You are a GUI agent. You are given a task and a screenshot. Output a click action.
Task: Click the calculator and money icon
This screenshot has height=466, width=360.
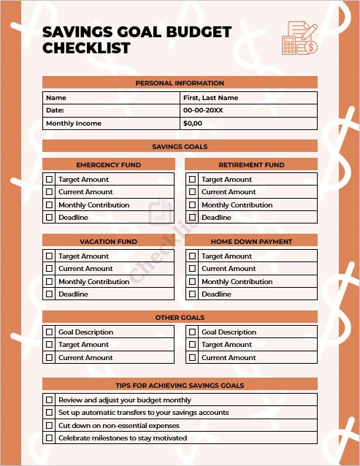tap(300, 37)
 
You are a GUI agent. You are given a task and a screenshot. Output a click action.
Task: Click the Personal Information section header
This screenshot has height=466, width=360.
tap(180, 83)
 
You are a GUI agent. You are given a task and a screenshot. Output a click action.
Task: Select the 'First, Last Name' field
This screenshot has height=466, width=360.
tap(210, 98)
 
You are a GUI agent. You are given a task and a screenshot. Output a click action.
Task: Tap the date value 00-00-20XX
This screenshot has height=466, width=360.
tap(203, 110)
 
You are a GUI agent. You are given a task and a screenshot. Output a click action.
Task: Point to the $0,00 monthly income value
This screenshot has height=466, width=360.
tap(193, 123)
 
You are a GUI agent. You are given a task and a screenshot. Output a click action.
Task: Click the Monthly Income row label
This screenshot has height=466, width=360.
tap(74, 123)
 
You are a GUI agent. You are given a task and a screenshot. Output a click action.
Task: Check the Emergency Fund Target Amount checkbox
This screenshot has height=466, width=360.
tap(50, 179)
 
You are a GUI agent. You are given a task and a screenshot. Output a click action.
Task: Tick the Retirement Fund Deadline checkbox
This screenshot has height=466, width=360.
tap(192, 218)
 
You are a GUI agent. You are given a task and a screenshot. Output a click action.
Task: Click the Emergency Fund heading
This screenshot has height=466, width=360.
tap(109, 165)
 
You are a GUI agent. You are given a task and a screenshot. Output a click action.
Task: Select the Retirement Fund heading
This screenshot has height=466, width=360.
tap(251, 165)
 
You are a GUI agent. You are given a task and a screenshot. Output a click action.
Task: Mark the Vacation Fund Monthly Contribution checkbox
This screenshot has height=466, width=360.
tap(50, 281)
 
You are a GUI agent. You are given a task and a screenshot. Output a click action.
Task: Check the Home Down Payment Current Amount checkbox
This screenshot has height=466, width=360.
tap(192, 269)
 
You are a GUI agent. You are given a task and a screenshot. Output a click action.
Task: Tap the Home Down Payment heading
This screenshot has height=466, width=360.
tap(251, 241)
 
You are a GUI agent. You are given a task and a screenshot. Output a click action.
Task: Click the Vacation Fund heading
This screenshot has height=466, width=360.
tap(108, 241)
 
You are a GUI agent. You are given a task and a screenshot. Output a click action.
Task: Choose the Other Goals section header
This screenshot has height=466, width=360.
tap(180, 318)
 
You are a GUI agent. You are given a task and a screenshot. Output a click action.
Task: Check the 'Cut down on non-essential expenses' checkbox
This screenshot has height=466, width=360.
tap(50, 425)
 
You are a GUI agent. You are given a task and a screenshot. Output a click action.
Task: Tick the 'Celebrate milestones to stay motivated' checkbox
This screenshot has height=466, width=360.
tap(50, 438)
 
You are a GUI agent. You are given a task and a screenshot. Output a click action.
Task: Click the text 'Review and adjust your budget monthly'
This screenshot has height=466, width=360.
tap(125, 400)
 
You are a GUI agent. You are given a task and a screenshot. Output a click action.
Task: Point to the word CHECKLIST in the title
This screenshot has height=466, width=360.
tap(86, 48)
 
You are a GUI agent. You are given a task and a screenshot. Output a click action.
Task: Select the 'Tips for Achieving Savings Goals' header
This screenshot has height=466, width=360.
tap(180, 385)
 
